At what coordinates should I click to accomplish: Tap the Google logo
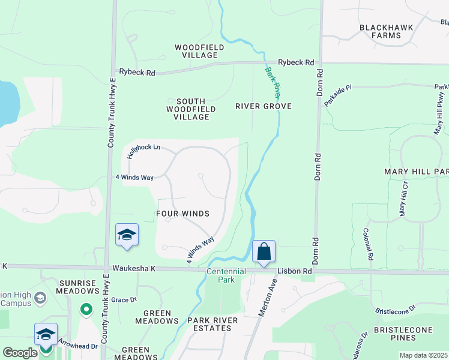(20, 353)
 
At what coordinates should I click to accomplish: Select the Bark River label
(273, 83)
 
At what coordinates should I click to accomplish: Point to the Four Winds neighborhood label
(182, 214)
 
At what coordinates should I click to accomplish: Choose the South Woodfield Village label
(187, 109)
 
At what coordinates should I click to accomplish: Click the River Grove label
(264, 106)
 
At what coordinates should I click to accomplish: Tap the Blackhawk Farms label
(381, 31)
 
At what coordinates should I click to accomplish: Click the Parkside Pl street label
(337, 95)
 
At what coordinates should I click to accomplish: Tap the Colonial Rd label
(367, 244)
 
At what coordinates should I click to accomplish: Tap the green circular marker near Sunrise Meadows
(86, 310)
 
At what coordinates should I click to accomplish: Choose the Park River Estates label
(212, 324)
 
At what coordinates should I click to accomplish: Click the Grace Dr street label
(125, 299)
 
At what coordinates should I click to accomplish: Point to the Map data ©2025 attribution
(424, 355)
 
